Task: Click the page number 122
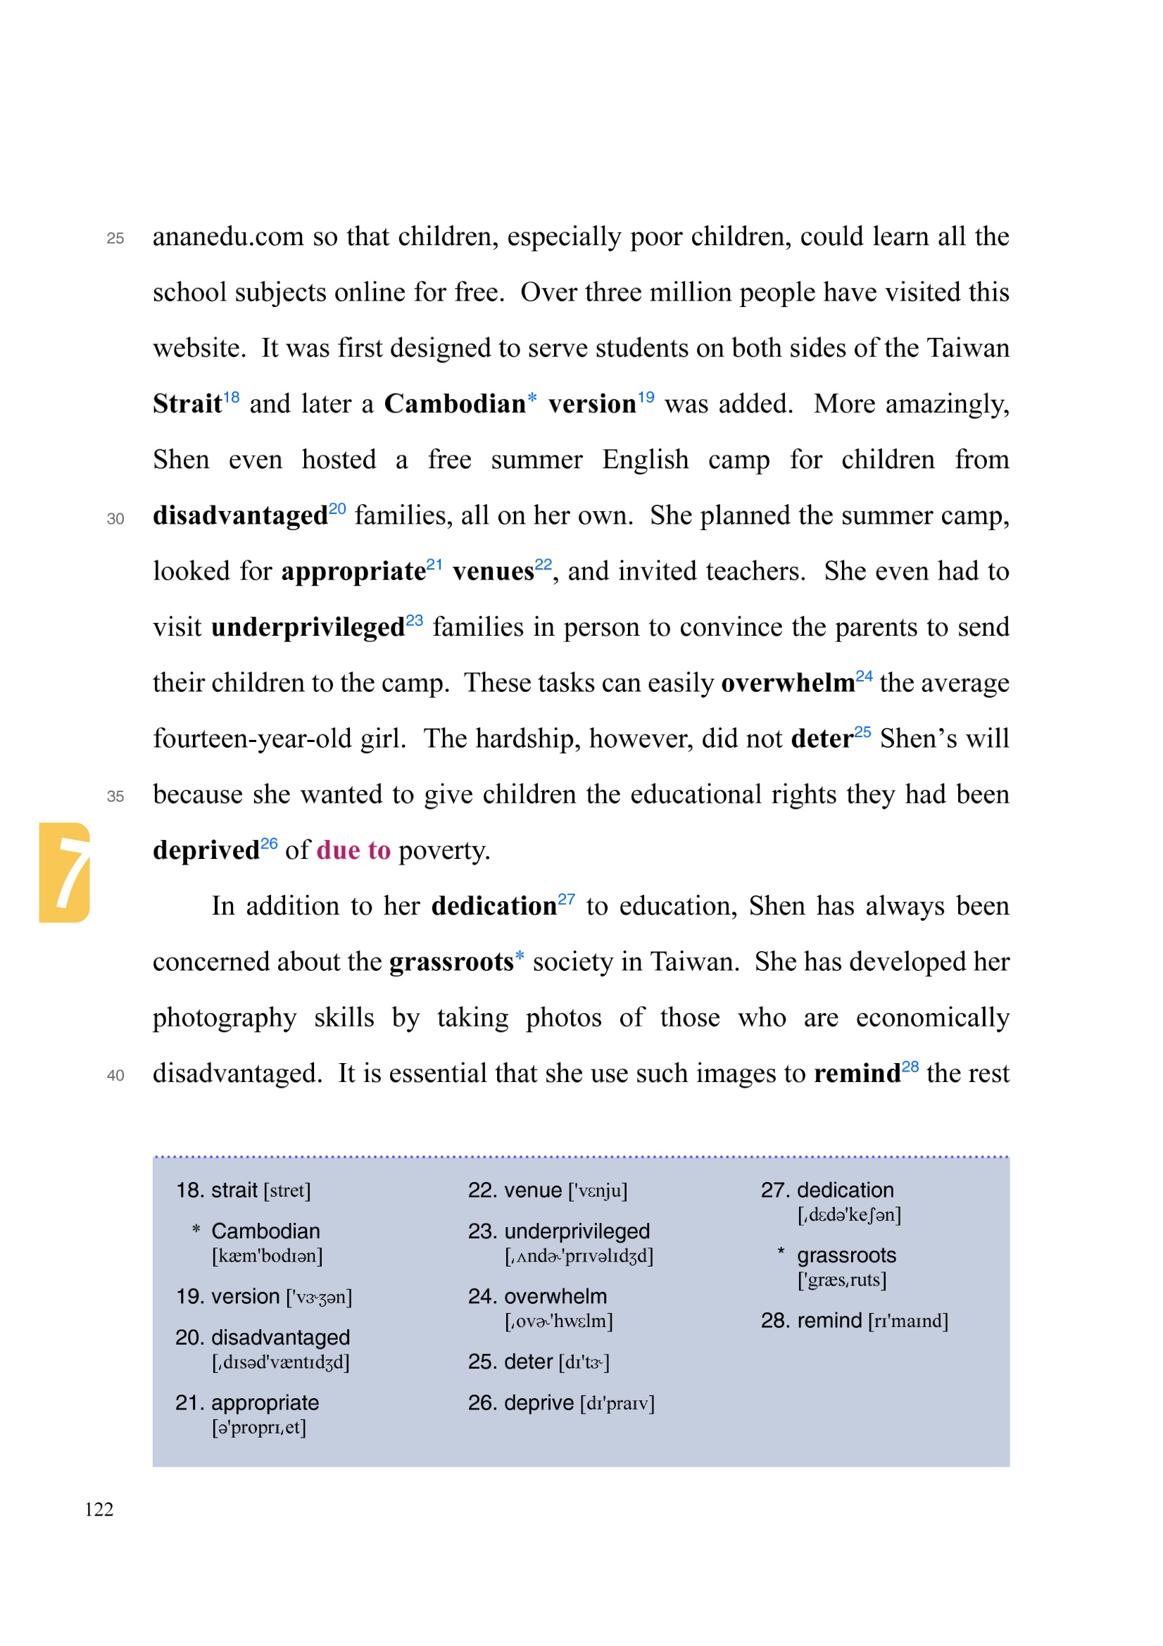(99, 1509)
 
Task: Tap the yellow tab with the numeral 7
(65, 872)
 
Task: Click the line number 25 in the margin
(115, 239)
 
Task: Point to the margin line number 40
(115, 1075)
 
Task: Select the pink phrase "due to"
(353, 850)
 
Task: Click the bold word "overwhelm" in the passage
(787, 683)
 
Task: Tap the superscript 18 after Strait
(231, 397)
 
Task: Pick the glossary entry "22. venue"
(514, 1190)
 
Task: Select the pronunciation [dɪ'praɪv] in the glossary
(617, 1403)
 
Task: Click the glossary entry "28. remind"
(811, 1321)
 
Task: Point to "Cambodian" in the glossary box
(265, 1231)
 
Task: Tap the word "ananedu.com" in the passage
(228, 237)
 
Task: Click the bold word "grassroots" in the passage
(451, 962)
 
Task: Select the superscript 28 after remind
(910, 1067)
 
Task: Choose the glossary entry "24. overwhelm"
(537, 1296)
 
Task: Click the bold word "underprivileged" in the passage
(308, 627)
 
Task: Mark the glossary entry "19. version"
(227, 1296)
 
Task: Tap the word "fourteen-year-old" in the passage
(251, 739)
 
